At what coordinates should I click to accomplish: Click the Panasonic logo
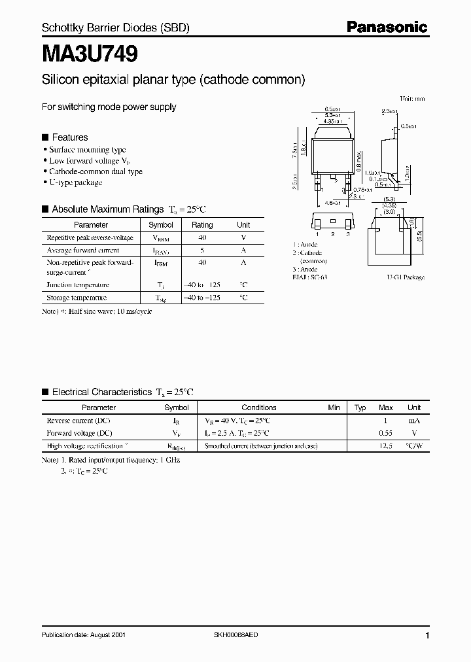pos(387,27)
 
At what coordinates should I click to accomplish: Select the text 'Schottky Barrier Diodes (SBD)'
pos(115,29)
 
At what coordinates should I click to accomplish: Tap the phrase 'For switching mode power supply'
pos(109,107)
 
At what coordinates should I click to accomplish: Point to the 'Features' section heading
pos(69,137)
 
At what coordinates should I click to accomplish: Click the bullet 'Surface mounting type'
pos(88,150)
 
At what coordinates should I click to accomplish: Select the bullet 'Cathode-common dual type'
pos(96,171)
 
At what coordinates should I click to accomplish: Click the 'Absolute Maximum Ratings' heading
pos(107,209)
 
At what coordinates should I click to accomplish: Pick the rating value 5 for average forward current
pos(202,250)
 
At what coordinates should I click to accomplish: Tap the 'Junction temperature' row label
pos(78,285)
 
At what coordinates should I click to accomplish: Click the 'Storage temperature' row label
pos(77,298)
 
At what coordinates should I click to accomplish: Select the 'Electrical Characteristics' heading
pos(101,392)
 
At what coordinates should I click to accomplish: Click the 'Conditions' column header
pos(260,408)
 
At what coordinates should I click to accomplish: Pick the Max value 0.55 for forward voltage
pos(385,433)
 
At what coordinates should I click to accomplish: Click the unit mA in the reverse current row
pos(413,421)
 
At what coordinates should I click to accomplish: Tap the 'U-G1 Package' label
pos(406,277)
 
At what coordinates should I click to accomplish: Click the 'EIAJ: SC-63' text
pos(311,277)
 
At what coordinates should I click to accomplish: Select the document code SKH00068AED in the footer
pos(236,636)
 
